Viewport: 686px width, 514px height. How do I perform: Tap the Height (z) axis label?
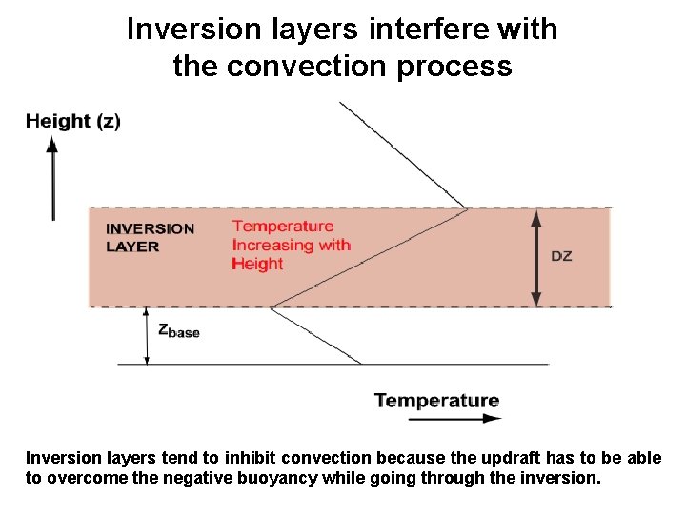click(x=72, y=121)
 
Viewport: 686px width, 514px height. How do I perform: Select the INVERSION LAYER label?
click(x=150, y=237)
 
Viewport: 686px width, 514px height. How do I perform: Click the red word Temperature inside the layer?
click(x=283, y=226)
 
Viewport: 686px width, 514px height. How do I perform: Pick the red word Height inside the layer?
click(x=257, y=264)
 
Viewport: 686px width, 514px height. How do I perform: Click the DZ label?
click(x=562, y=256)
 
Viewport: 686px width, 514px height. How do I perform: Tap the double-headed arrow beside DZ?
click(x=535, y=257)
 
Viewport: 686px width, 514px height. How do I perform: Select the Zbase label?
click(x=178, y=330)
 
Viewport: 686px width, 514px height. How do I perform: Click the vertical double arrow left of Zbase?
click(x=147, y=335)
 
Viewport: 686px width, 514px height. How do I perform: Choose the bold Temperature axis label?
click(x=436, y=400)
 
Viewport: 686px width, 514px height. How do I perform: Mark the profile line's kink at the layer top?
click(x=467, y=208)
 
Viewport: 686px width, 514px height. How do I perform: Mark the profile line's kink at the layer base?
click(x=272, y=306)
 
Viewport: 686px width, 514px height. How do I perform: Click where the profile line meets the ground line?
click(x=361, y=364)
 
